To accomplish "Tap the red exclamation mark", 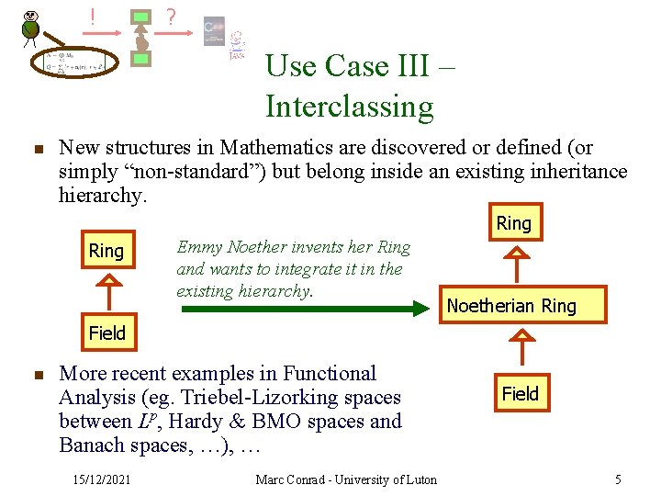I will (92, 16).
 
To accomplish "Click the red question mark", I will (170, 17).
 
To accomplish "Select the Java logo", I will (237, 45).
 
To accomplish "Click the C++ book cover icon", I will (214, 30).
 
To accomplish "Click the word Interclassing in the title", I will (349, 107).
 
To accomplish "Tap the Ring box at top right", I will (513, 222).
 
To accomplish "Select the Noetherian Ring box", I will (511, 306).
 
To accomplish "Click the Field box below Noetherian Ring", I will (520, 393).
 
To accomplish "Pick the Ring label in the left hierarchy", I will (106, 251).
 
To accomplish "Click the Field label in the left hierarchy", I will (106, 333).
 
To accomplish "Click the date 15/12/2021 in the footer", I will (102, 479).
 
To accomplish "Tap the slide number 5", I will (618, 479).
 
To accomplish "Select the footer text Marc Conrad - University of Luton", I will (346, 479).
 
